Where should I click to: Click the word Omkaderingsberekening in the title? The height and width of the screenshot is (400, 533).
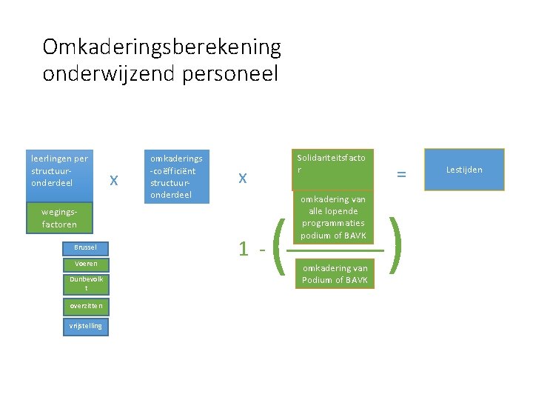pos(161,47)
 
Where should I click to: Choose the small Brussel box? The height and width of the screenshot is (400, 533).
pos(80,247)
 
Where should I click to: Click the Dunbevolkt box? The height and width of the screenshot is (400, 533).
pos(87,283)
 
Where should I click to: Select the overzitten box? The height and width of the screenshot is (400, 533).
pos(87,305)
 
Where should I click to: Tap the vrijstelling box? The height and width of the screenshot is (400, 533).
pos(87,326)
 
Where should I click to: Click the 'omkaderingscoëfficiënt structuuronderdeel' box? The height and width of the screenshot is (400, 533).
pos(176,176)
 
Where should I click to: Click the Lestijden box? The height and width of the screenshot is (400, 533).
pos(464,170)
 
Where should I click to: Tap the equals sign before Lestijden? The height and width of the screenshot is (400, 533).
pos(401,174)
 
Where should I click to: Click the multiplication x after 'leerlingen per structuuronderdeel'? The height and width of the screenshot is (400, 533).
pos(113,179)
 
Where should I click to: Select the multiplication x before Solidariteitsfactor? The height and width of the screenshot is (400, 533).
pos(241,178)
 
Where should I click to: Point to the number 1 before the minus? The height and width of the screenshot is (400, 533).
pos(244,249)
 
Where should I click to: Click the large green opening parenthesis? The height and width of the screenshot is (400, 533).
pos(280,247)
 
